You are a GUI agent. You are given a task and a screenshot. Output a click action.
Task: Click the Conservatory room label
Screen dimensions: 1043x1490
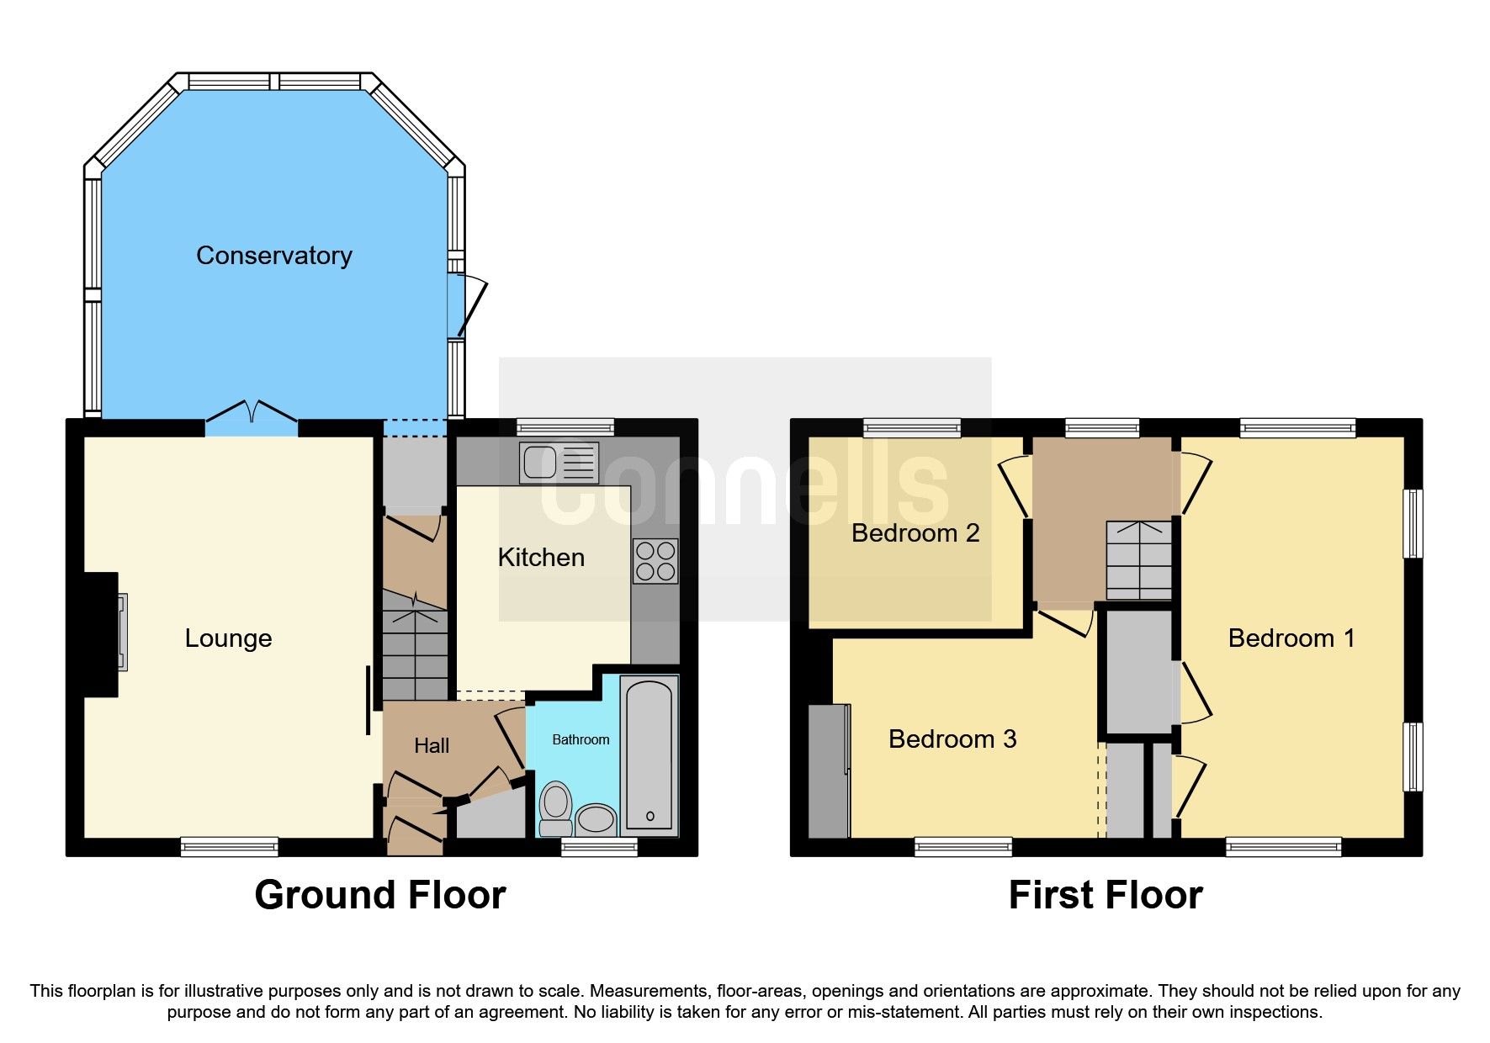pyautogui.click(x=273, y=255)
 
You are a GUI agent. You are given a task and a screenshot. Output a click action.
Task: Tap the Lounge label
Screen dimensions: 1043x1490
pyautogui.click(x=228, y=638)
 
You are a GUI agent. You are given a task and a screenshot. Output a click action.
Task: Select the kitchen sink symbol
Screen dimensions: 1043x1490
pyautogui.click(x=559, y=463)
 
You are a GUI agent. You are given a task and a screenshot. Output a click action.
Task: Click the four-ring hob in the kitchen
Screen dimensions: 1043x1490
pyautogui.click(x=655, y=561)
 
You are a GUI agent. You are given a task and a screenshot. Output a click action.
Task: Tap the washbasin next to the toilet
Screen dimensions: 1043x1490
pyautogui.click(x=596, y=818)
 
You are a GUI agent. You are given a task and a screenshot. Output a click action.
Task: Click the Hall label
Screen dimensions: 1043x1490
pyautogui.click(x=432, y=745)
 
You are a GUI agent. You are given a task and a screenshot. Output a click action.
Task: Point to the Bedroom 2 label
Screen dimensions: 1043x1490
pyautogui.click(x=915, y=533)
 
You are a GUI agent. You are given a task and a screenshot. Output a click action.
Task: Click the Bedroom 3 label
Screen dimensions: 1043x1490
pyautogui.click(x=952, y=739)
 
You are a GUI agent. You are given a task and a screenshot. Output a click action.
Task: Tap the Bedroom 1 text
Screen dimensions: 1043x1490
pyautogui.click(x=1291, y=638)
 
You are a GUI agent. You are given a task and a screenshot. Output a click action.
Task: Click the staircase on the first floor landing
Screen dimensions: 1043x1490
pyautogui.click(x=1138, y=559)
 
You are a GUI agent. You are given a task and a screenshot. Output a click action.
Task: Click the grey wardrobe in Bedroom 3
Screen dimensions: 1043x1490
pyautogui.click(x=829, y=770)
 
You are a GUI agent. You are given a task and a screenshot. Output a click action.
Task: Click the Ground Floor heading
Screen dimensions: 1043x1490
pyautogui.click(x=380, y=895)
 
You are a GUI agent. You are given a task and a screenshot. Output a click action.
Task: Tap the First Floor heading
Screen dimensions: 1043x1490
pyautogui.click(x=1106, y=895)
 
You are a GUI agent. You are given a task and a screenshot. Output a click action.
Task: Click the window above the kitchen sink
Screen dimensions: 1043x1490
pyautogui.click(x=565, y=427)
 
